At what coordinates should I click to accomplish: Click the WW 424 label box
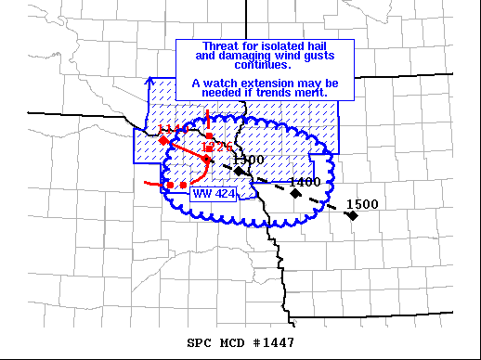pyautogui.click(x=211, y=194)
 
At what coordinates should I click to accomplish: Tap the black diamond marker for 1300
pyautogui.click(x=239, y=171)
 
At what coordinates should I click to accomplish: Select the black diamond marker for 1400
pyautogui.click(x=295, y=193)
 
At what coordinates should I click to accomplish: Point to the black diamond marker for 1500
pyautogui.click(x=352, y=215)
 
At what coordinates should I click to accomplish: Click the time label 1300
pyautogui.click(x=249, y=161)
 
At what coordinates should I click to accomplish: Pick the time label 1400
pyautogui.click(x=305, y=183)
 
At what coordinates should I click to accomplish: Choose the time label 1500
pyautogui.click(x=361, y=204)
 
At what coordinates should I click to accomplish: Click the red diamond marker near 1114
pyautogui.click(x=163, y=141)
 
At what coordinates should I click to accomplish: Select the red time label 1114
pyautogui.click(x=171, y=129)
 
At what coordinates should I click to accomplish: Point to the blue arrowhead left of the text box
pyautogui.click(x=150, y=81)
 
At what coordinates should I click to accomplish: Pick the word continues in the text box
pyautogui.click(x=265, y=66)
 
